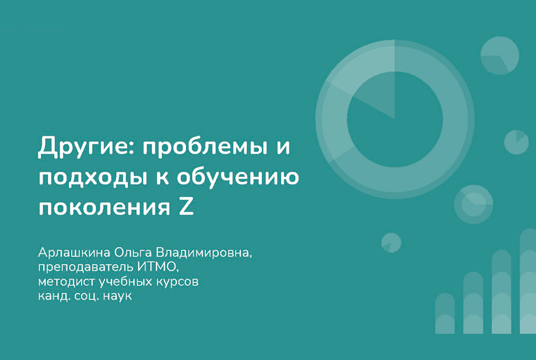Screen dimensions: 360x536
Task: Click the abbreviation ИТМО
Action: (159, 267)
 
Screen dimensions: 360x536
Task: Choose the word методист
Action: (61, 282)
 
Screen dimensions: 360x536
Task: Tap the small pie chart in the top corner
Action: (499, 56)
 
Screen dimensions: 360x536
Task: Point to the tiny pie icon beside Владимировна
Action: (391, 242)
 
